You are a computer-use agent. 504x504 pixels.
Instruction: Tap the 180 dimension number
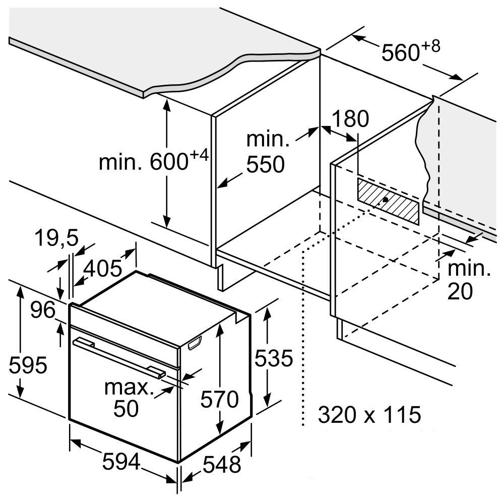coord(350,119)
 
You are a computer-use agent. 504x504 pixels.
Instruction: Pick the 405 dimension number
coord(103,269)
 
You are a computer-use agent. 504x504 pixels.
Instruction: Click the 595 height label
coord(28,365)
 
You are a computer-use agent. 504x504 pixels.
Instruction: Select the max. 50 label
coord(128,398)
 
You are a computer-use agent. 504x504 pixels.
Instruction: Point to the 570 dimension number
coord(219,400)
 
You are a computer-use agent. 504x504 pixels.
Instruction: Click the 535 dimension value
coord(273,358)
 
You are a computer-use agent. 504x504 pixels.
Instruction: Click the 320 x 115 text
coord(369,415)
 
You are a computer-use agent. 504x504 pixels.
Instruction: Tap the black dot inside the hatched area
coord(386,200)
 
